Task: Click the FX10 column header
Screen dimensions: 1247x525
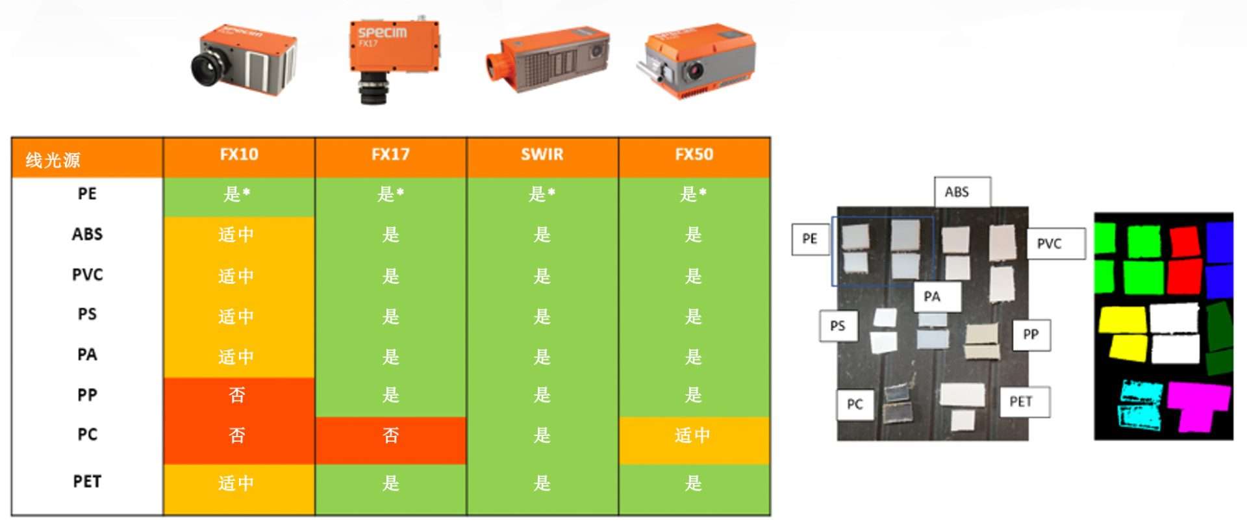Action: (239, 155)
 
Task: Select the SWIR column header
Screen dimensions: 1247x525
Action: (542, 155)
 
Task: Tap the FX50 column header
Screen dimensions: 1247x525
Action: (694, 155)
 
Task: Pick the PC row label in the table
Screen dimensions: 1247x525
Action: (87, 435)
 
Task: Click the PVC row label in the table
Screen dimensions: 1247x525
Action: (87, 275)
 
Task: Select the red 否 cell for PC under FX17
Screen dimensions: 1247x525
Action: (391, 440)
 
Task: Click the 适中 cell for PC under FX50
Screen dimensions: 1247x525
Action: (694, 440)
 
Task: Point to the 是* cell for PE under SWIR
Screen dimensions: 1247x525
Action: (542, 194)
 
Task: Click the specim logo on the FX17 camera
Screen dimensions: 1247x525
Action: (383, 32)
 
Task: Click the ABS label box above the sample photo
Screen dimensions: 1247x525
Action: (963, 192)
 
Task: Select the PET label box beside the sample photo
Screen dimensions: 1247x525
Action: (1026, 402)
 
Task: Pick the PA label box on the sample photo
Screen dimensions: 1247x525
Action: (937, 297)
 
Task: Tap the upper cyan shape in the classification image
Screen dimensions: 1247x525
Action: (1142, 391)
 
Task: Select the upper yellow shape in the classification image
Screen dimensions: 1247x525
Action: (1122, 320)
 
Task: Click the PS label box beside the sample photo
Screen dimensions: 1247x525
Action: (838, 326)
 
